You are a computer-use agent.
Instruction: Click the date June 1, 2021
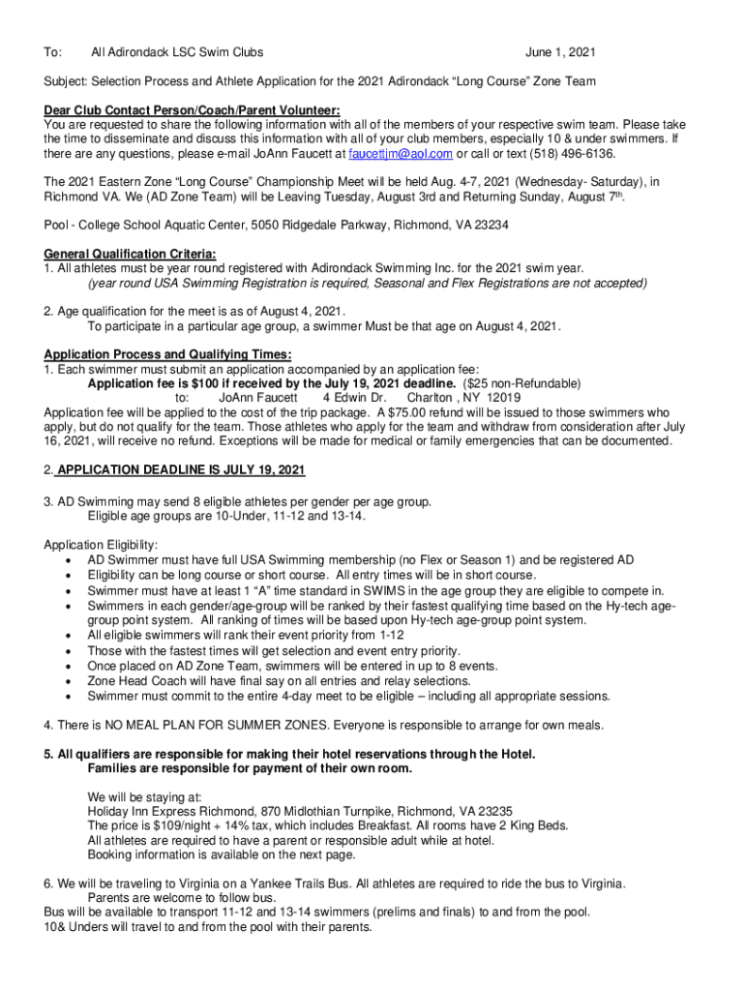click(x=560, y=51)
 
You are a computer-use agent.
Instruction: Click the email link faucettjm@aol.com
click(x=402, y=154)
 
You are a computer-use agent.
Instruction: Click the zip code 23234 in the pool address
click(x=491, y=225)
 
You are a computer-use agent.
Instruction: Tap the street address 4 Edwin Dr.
click(x=354, y=397)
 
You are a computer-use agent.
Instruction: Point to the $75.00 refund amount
click(x=382, y=411)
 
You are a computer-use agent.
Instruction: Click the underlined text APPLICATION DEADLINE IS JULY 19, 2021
click(x=181, y=470)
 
